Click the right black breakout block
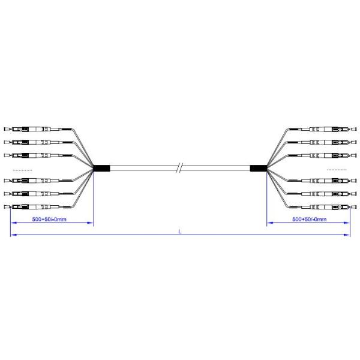(259, 168)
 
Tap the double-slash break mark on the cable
(178, 168)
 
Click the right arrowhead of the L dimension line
(347, 236)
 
